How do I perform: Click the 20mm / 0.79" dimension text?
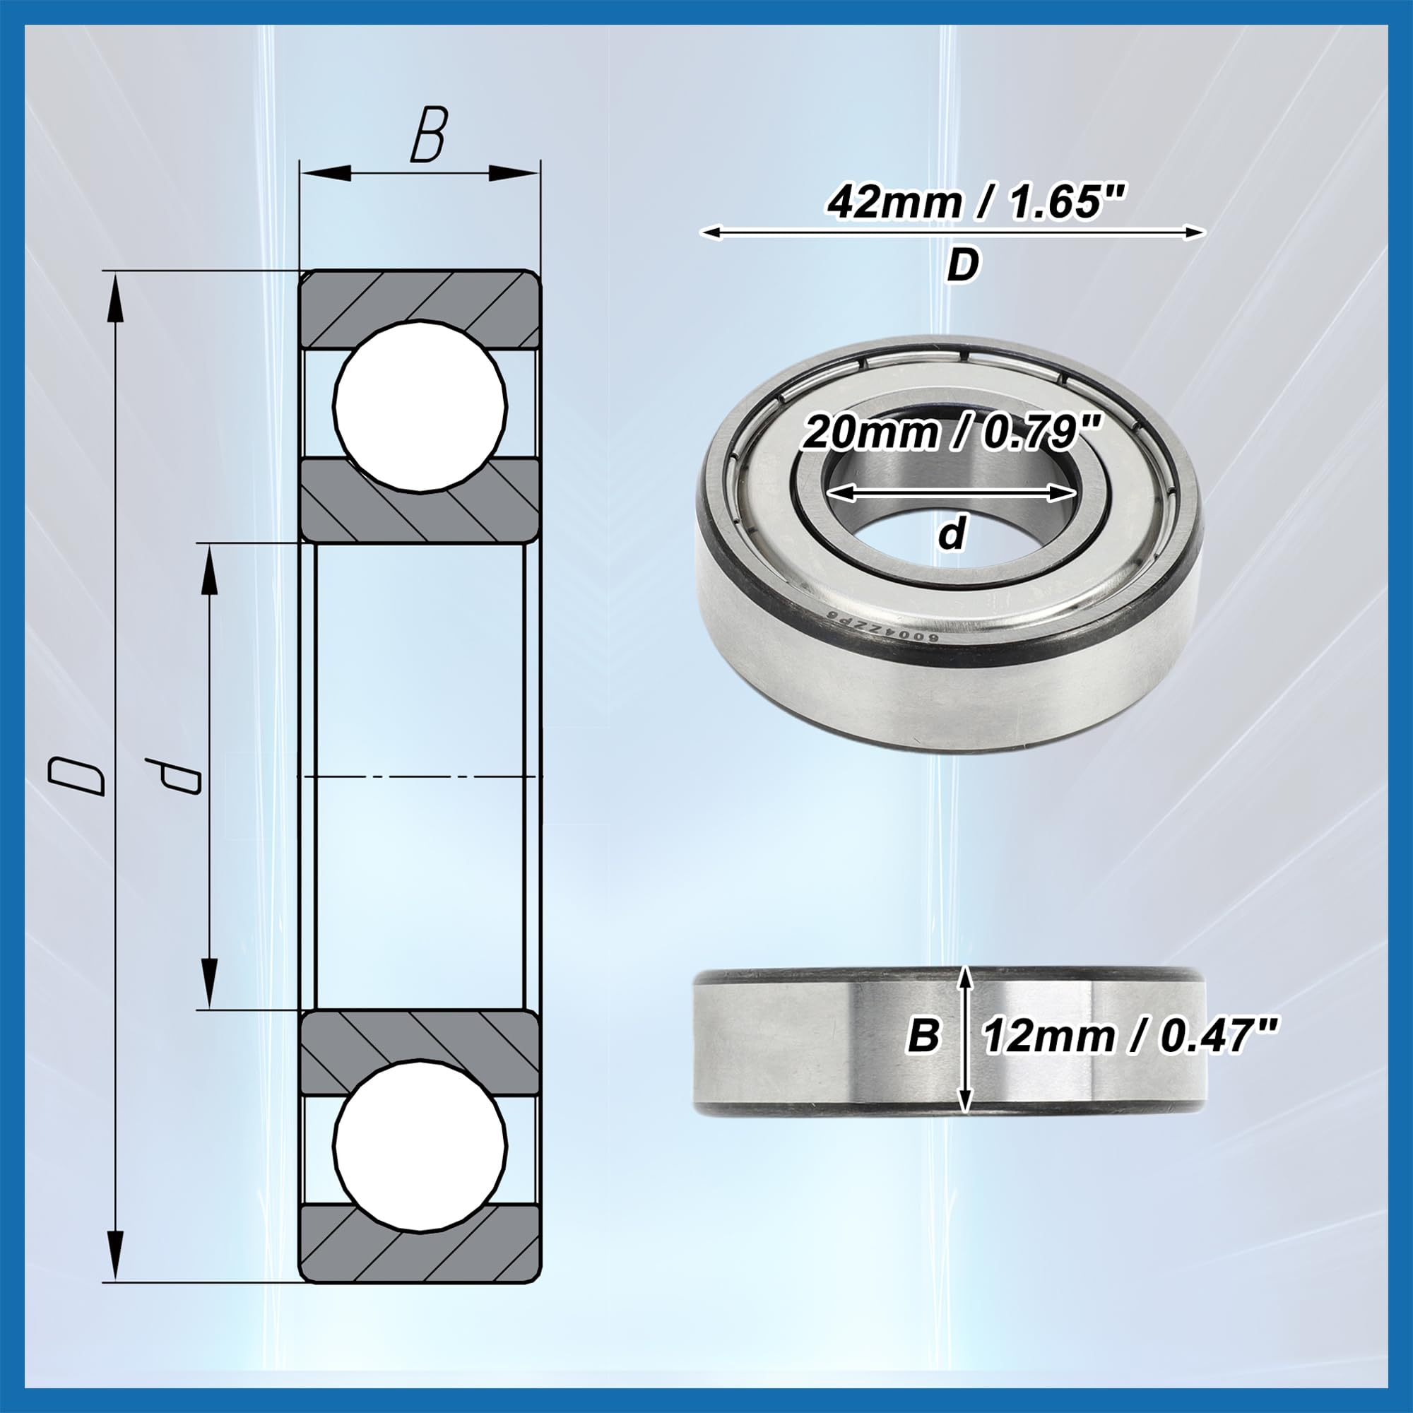point(952,434)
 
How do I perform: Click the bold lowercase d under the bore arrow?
point(952,534)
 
